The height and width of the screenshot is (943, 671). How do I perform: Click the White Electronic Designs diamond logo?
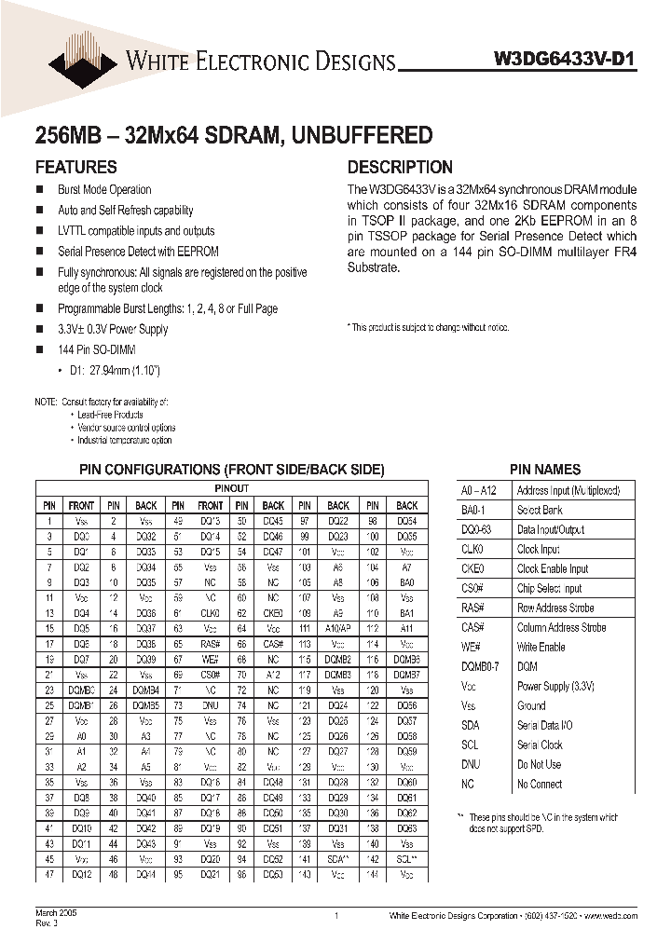(x=82, y=58)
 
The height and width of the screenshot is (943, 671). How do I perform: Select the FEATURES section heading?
(x=75, y=168)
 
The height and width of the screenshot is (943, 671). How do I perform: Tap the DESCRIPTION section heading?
(x=400, y=168)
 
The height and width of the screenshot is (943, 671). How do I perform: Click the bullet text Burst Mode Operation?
(x=104, y=190)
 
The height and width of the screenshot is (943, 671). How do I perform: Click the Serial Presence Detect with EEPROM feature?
(x=138, y=252)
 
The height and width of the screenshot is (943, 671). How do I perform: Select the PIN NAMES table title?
(x=545, y=470)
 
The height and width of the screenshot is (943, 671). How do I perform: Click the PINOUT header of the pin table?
(x=231, y=489)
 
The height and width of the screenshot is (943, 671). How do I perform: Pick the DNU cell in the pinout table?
(x=210, y=706)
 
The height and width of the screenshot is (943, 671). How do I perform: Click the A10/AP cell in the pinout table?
(x=339, y=629)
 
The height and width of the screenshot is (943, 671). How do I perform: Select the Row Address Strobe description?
(x=555, y=608)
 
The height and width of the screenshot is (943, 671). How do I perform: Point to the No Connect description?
(x=540, y=785)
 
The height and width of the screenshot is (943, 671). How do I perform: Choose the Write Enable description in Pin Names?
(x=541, y=648)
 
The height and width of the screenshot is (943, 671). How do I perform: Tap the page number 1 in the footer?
(x=335, y=917)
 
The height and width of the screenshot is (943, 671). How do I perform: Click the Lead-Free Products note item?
(x=110, y=414)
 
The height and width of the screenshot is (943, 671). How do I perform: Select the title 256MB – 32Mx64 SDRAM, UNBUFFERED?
(x=233, y=135)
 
